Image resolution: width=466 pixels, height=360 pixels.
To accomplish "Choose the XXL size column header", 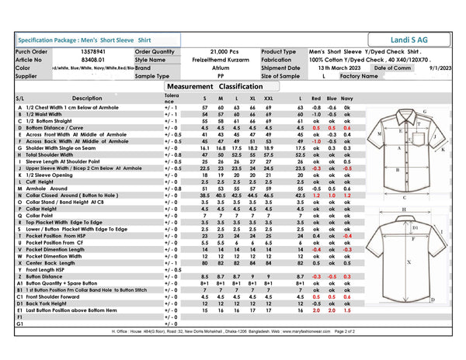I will click(269, 99).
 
